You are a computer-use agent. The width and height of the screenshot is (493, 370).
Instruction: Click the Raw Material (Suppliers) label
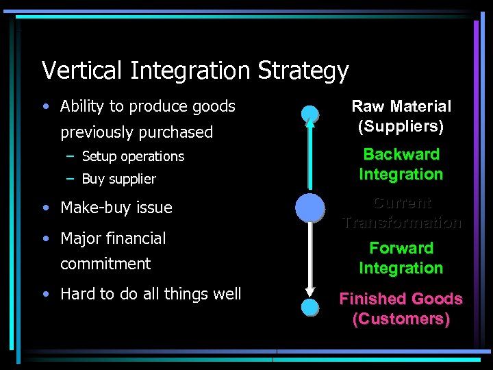[x=401, y=116]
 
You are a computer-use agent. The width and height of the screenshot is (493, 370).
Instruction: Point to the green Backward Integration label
[x=401, y=164]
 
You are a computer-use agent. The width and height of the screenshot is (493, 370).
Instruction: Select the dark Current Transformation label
[x=401, y=212]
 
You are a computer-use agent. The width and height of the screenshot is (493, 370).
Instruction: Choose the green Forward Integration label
[x=401, y=258]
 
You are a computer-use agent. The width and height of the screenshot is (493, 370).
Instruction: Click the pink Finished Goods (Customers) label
[x=401, y=309]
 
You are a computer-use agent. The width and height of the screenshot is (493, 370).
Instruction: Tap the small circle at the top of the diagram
[x=310, y=114]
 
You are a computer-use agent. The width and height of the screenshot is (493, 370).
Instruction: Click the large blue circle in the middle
[x=310, y=208]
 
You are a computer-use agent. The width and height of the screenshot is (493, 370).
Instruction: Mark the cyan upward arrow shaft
[x=310, y=158]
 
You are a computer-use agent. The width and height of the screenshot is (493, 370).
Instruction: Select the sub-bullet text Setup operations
[x=133, y=157]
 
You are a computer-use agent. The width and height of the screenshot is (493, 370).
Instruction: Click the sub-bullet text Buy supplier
[x=118, y=180]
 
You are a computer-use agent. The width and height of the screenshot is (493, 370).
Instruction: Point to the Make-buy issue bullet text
[x=116, y=208]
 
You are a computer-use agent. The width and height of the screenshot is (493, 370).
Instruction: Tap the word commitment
[x=105, y=264]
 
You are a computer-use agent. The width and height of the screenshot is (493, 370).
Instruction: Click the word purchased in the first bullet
[x=177, y=132]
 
